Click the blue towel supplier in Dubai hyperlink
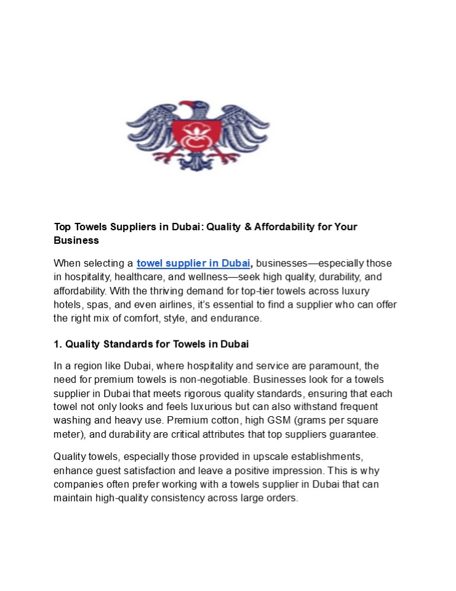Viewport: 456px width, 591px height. tap(193, 263)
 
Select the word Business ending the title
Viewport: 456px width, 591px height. tap(76, 240)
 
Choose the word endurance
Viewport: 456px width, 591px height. tap(237, 318)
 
